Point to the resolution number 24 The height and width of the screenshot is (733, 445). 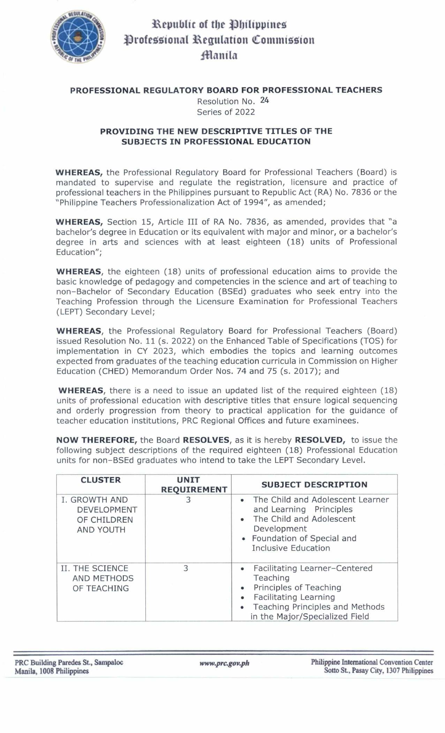coord(264,100)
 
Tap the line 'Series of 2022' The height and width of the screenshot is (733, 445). coord(226,112)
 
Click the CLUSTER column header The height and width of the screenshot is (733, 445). coord(100,480)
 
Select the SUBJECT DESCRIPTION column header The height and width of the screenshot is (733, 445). coord(314,484)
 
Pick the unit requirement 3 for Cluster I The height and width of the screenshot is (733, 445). coord(188,500)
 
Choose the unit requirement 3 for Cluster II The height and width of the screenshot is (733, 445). coord(186,568)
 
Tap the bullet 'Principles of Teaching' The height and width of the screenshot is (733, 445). coord(297,588)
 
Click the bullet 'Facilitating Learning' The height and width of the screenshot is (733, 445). coord(294,597)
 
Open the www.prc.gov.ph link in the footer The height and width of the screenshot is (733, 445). coord(224,663)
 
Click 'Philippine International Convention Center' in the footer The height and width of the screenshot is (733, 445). coord(372,662)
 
